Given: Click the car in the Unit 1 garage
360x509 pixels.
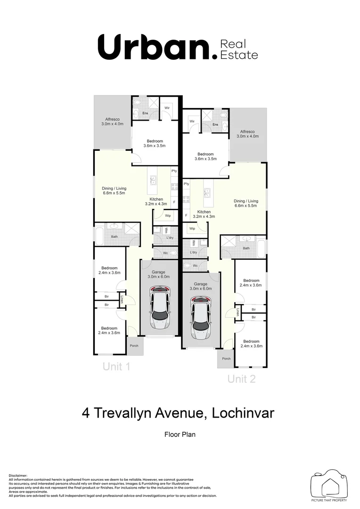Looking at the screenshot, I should [159, 310].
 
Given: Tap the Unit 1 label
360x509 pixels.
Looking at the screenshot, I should [116, 367].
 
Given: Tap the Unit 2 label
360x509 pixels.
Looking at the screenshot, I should [241, 378].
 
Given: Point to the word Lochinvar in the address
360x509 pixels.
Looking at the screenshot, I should [243, 413].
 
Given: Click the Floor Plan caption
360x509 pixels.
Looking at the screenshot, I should [180, 434].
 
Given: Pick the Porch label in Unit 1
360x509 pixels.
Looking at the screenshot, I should [134, 345].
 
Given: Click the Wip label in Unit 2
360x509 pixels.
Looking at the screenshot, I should [192, 229].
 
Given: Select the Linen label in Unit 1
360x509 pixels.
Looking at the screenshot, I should [122, 299].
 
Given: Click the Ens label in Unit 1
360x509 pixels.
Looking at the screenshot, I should [145, 113].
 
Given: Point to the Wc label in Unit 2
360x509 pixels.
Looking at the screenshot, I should [195, 265].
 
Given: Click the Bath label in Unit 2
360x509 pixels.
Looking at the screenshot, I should [246, 248].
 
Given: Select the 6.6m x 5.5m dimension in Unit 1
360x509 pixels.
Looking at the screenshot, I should [114, 193].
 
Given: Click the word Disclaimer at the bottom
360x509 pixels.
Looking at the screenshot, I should [18, 476].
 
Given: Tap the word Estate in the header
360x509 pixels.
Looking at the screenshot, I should [241, 55].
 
